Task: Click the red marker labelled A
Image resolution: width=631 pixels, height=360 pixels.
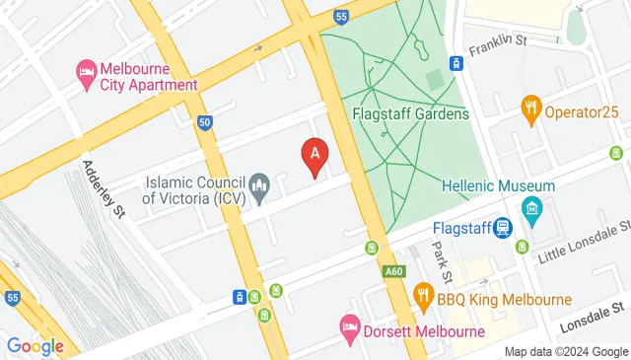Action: [x=315, y=156]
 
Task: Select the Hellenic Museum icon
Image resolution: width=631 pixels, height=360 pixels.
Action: [x=533, y=209]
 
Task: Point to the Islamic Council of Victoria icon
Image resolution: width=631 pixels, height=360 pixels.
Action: [x=260, y=185]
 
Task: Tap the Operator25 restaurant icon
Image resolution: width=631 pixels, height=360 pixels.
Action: [x=532, y=108]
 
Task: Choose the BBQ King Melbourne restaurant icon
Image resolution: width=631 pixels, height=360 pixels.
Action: [x=423, y=294]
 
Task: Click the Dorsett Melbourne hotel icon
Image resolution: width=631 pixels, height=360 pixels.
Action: [x=349, y=325]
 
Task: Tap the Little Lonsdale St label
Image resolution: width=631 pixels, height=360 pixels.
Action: [x=581, y=243]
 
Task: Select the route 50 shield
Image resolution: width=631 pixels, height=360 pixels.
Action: [x=204, y=122]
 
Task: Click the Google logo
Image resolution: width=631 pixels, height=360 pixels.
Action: [x=35, y=345]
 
